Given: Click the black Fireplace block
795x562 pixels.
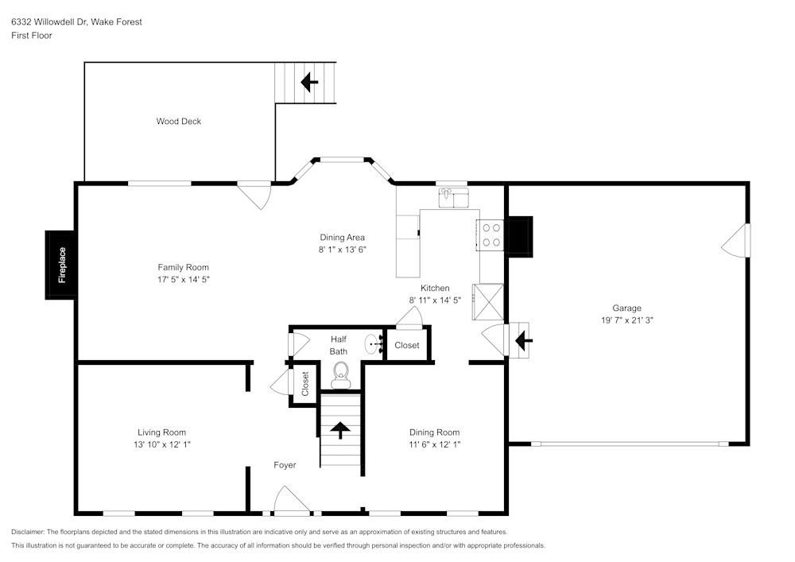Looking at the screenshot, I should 61,265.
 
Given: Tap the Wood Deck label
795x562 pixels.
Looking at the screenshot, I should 178,122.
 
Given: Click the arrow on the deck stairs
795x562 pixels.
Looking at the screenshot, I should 308,81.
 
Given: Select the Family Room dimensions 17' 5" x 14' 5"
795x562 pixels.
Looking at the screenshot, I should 183,280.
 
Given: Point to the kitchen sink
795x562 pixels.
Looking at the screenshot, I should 452,197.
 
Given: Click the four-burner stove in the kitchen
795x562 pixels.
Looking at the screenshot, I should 491,234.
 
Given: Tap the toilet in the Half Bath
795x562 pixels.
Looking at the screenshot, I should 340,374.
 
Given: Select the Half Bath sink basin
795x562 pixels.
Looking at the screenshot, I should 372,345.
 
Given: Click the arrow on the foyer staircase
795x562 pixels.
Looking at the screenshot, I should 340,430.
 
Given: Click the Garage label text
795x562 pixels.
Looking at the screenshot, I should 626,308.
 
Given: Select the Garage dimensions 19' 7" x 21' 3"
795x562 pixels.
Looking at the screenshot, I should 626,320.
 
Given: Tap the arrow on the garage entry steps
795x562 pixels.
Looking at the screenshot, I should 524,341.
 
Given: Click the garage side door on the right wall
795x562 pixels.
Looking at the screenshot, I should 736,240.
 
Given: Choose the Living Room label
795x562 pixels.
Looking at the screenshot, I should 161,432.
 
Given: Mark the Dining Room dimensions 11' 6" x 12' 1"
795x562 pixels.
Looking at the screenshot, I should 435,445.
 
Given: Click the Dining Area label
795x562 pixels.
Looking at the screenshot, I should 342,237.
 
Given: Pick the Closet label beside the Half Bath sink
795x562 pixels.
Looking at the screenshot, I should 407,345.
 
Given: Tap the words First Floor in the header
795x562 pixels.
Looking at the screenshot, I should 32,36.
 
